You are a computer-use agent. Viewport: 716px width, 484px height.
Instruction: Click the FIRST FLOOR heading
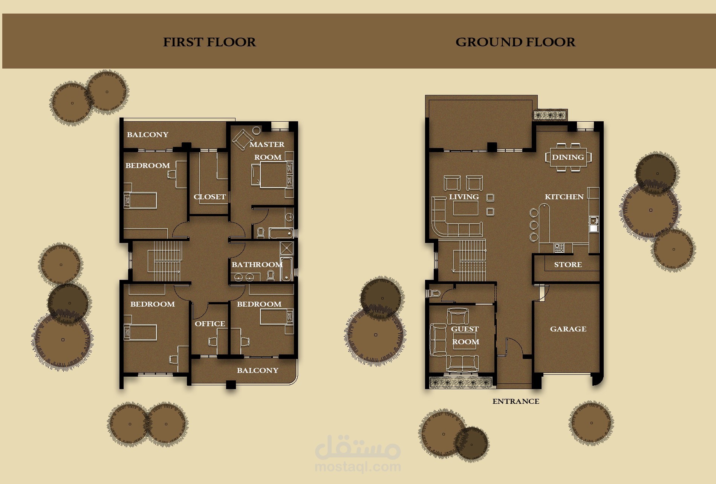(209, 42)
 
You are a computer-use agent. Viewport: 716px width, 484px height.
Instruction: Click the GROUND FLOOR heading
(515, 42)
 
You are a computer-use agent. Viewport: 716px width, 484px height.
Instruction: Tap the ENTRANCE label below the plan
(516, 401)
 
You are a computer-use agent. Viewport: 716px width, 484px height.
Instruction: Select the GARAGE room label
(568, 329)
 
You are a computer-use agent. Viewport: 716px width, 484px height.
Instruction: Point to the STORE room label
(568, 264)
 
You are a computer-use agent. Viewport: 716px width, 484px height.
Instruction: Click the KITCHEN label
(564, 197)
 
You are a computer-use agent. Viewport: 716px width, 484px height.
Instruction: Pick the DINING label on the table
(568, 157)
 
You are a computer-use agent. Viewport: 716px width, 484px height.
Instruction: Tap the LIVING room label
(464, 197)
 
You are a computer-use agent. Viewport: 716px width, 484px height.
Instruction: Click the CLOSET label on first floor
(210, 197)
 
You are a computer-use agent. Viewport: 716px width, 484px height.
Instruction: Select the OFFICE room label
(210, 324)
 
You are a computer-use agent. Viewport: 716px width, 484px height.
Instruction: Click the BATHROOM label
(257, 264)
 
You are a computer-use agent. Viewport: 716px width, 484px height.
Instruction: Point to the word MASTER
(267, 144)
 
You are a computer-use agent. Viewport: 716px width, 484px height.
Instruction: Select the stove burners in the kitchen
(559, 248)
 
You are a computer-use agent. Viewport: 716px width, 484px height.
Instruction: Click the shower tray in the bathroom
(286, 248)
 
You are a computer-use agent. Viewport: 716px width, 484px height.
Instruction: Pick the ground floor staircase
(472, 260)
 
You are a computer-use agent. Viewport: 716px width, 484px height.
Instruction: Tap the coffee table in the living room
(465, 208)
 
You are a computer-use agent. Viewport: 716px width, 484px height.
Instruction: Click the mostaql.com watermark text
(358, 467)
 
